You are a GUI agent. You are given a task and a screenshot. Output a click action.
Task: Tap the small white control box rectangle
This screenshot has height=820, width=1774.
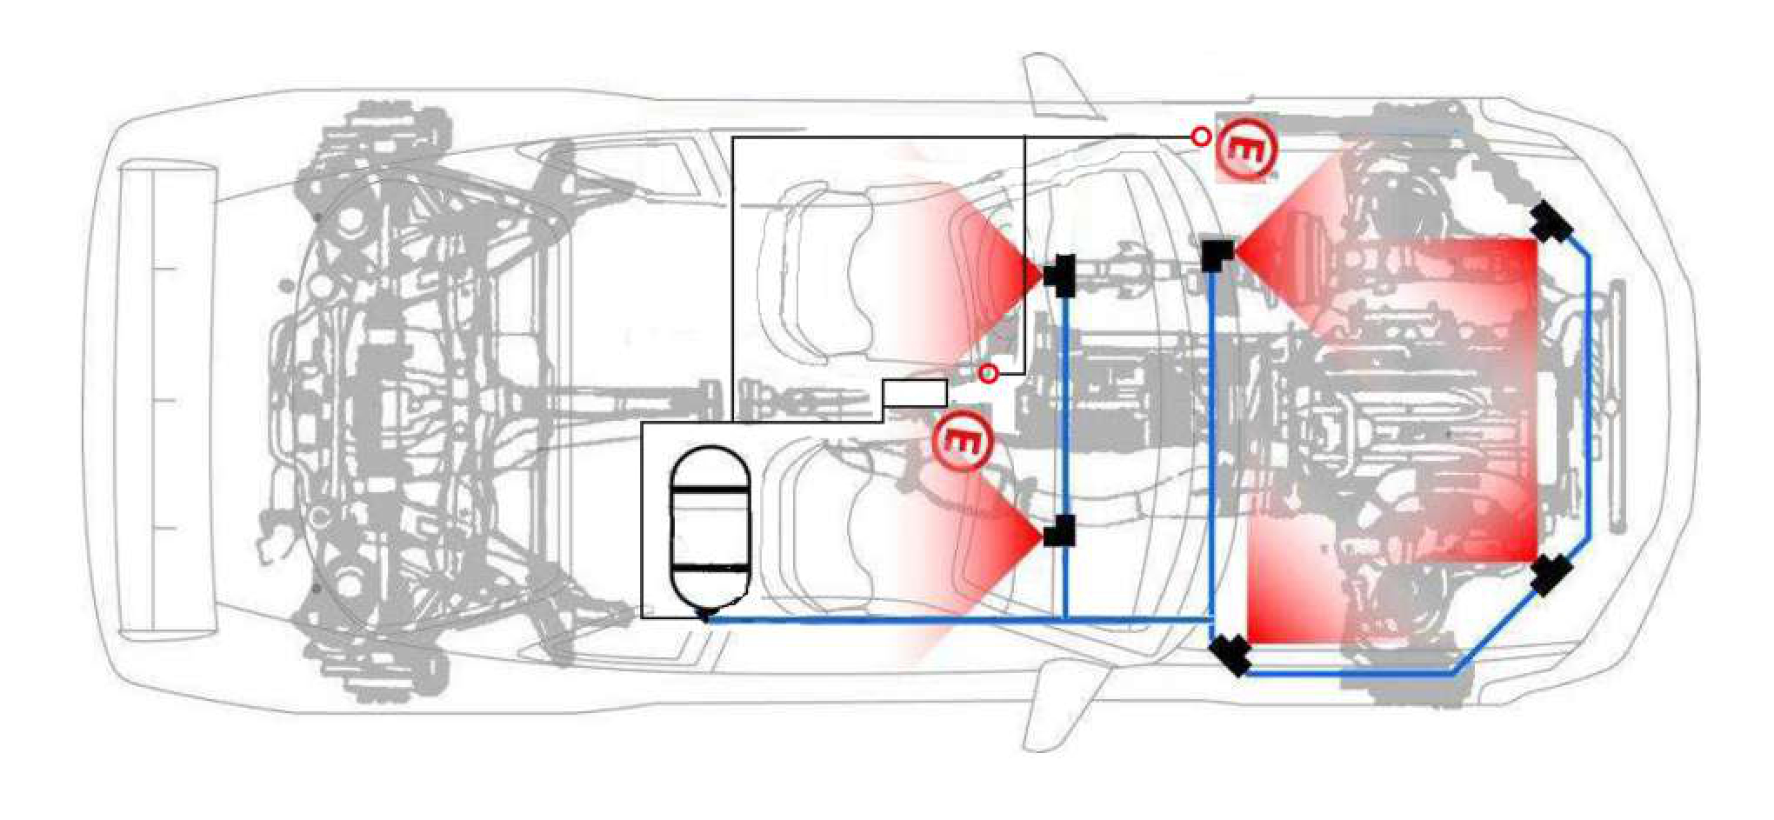(915, 393)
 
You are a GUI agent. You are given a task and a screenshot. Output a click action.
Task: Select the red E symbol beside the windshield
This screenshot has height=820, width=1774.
(1246, 150)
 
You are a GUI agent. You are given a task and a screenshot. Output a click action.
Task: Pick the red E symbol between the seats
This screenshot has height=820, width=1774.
(962, 441)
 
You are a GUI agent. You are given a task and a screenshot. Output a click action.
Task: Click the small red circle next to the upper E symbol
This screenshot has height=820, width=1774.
(1201, 137)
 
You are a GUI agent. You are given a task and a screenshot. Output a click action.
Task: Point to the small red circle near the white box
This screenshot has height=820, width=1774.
(988, 373)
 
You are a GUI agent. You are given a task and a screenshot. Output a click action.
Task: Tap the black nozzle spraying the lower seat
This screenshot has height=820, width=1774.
(1059, 530)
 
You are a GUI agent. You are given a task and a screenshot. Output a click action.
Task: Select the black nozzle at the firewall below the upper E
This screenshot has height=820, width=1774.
(1217, 253)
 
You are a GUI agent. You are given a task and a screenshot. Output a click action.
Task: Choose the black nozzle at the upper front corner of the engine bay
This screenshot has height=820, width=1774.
(1551, 223)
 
